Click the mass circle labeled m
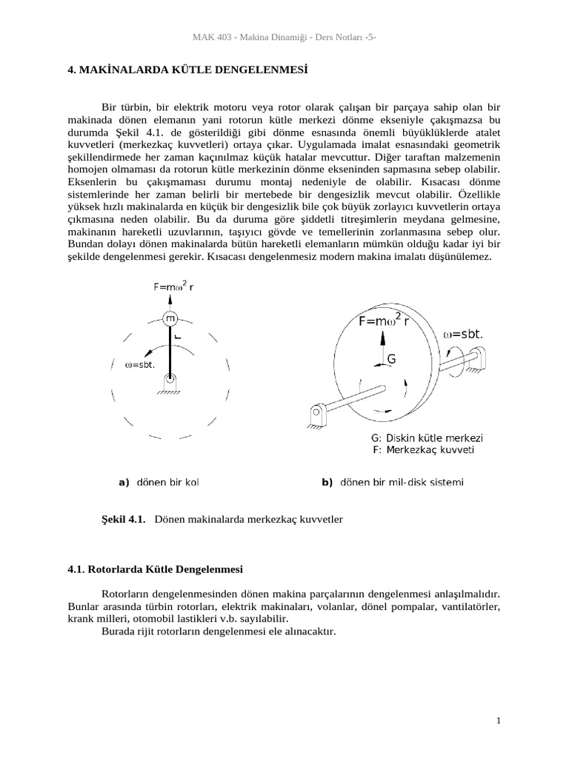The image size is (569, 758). [170, 319]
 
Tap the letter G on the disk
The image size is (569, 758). [392, 359]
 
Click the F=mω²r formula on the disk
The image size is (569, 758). [384, 321]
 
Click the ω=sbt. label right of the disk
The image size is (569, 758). [463, 334]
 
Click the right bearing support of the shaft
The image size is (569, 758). [474, 360]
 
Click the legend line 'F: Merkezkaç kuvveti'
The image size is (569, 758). [422, 449]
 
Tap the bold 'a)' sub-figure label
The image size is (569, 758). [124, 483]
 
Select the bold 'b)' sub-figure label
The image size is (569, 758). [327, 483]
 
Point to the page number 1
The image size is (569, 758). [499, 720]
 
